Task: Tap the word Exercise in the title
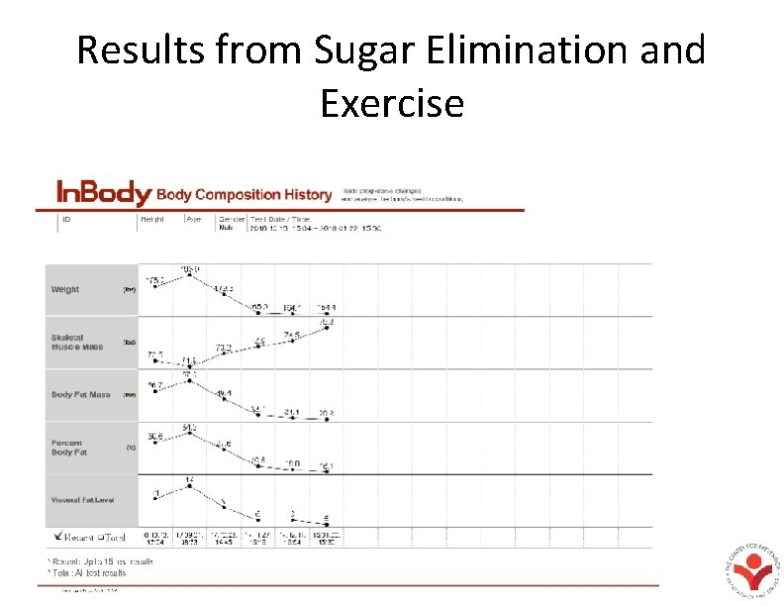392,102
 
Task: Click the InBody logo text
103,192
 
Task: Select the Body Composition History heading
245,194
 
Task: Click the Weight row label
65,290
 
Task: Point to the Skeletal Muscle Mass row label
77,343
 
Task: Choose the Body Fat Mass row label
81,395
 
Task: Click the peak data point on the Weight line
189,275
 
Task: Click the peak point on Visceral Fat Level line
189,486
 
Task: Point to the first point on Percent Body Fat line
154,445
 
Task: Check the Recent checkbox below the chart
59,536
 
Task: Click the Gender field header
231,219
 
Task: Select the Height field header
153,219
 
